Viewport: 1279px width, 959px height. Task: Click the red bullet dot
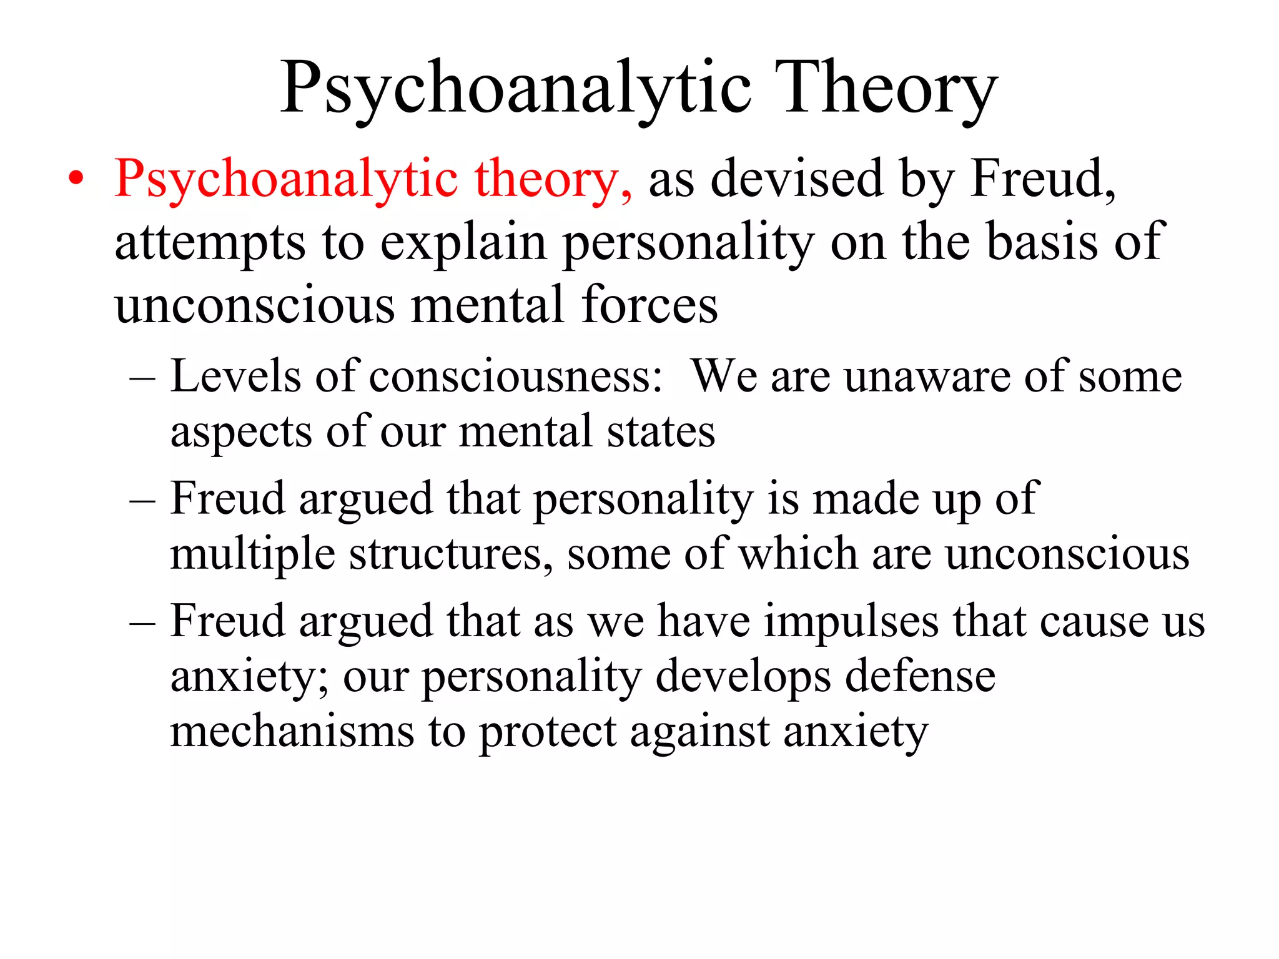coord(76,179)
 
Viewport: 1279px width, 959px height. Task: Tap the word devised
coord(796,179)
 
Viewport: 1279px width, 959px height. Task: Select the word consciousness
coord(516,376)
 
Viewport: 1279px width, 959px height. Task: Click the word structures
coord(450,554)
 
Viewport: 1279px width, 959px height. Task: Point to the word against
coord(699,732)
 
